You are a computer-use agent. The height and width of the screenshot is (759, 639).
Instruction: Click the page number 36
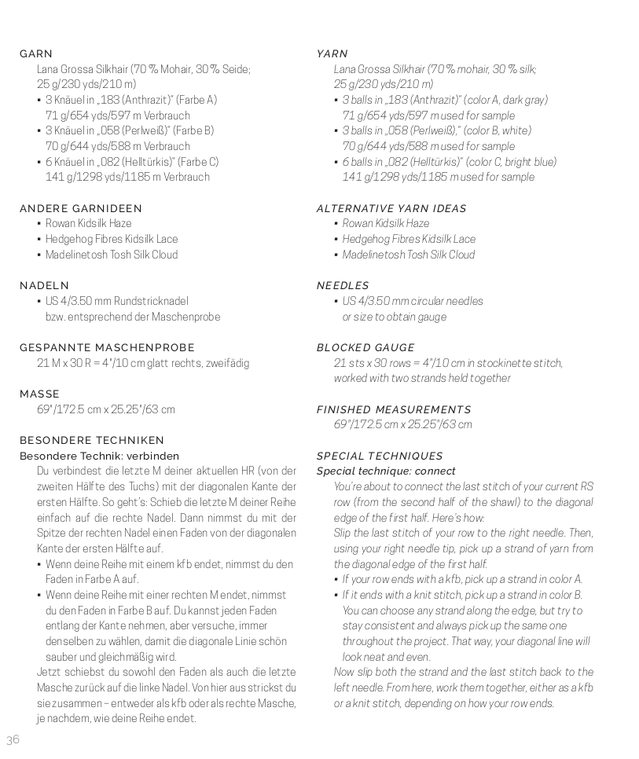pos(13,739)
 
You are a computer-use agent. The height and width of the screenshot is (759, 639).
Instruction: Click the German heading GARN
pos(36,54)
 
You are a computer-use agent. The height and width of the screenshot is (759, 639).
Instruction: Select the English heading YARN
pos(332,54)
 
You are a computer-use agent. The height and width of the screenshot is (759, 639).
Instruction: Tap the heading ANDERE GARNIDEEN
pos(81,209)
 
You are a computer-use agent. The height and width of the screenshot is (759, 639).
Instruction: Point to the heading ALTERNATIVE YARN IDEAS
pos(391,209)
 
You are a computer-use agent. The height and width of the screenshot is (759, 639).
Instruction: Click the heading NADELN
pos(44,286)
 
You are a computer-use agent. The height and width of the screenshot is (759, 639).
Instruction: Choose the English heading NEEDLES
pos(343,286)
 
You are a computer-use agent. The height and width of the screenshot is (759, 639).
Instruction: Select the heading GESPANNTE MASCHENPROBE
pos(107,348)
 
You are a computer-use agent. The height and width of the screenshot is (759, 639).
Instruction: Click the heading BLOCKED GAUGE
pos(365,348)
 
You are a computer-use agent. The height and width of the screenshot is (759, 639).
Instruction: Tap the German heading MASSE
pos(39,394)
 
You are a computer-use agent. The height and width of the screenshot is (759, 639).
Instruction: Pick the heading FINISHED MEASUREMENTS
pos(394,410)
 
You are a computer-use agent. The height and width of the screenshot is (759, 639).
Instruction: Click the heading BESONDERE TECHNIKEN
pos(92,441)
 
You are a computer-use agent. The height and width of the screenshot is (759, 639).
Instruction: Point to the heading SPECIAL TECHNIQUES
pos(380,456)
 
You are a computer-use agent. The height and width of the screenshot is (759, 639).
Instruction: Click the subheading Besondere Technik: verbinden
pos(99,456)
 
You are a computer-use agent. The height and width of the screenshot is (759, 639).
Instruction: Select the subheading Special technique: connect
pos(386,471)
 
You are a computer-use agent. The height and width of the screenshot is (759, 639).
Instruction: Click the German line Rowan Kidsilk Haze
pos(88,224)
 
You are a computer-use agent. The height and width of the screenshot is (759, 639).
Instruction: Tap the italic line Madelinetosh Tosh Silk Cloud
pos(409,255)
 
